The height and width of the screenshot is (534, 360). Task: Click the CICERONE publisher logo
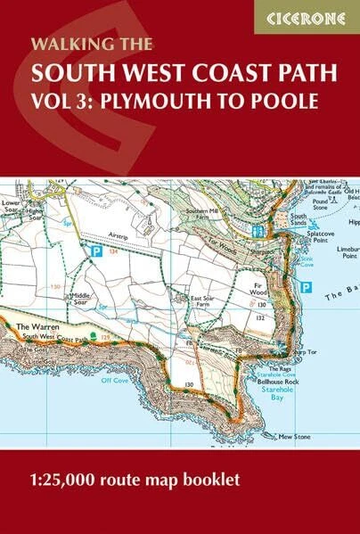pyautogui.click(x=306, y=17)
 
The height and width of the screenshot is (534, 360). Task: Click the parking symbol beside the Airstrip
pyautogui.click(x=97, y=253)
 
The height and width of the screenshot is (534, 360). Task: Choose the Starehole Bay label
pyautogui.click(x=272, y=382)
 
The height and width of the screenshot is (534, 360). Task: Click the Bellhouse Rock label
pyautogui.click(x=270, y=367)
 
